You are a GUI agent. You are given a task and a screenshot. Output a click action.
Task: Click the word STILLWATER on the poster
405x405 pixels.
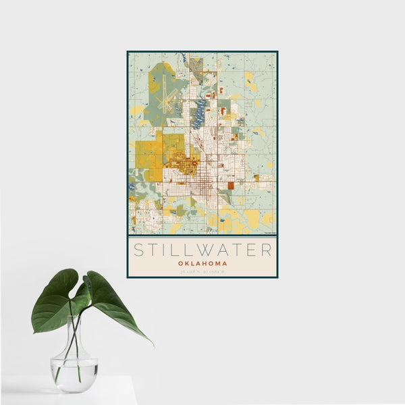(202, 250)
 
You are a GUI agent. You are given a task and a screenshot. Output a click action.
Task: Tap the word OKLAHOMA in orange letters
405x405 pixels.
(202, 263)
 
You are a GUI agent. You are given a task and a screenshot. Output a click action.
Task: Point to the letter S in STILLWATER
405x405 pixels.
(138, 250)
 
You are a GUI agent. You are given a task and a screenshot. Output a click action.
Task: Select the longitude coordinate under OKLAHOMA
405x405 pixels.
(216, 271)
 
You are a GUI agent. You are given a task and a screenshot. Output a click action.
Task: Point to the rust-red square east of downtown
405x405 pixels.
(230, 186)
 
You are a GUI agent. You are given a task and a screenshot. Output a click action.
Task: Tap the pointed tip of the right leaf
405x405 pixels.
(152, 345)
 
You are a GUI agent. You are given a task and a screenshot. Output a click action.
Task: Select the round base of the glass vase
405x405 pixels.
(74, 388)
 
